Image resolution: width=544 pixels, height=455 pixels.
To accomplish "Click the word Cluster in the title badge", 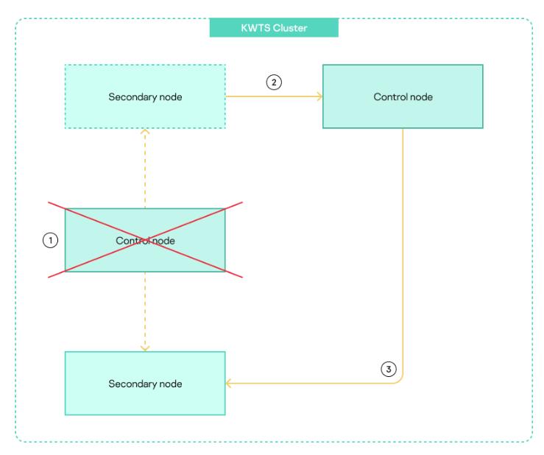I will click(290, 28).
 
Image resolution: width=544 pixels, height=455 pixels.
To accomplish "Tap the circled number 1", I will click(50, 240).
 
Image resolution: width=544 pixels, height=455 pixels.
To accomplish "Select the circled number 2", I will click(273, 82).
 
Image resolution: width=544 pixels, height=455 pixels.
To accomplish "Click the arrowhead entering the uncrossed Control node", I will click(319, 96).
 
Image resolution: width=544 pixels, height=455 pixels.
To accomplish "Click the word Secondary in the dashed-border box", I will click(130, 96).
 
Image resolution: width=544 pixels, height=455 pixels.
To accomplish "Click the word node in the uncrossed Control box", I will click(422, 96).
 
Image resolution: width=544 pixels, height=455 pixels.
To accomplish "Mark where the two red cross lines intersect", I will click(145, 240).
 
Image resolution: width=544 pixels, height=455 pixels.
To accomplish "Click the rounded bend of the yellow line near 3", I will click(399, 379).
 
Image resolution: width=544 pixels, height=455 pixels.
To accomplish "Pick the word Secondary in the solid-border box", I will click(130, 384).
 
